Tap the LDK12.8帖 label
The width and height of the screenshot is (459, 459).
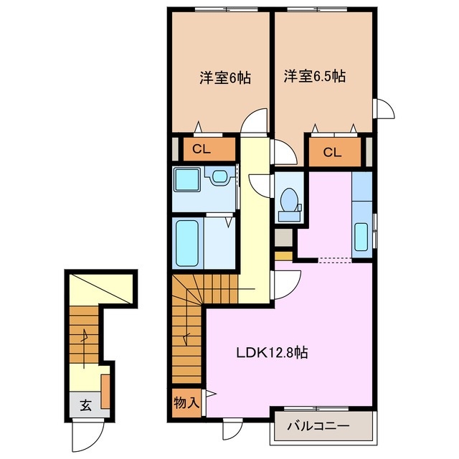point(273,352)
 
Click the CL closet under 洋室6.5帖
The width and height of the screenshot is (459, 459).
point(331,151)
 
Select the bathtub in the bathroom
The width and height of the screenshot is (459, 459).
point(189,242)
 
